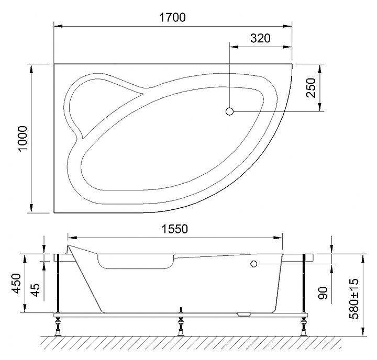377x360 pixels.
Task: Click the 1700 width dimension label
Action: point(172,18)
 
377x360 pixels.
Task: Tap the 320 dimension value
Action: point(260,38)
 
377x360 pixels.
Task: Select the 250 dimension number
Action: point(311,88)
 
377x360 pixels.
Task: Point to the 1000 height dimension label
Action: point(24,139)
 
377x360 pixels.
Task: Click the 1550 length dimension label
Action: point(174,229)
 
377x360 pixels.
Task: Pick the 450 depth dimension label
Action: point(17,283)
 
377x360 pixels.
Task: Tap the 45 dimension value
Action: point(35,290)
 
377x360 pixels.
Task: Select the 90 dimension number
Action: point(323,293)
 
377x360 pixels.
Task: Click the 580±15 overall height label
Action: point(354,298)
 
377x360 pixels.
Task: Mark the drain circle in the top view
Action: point(230,111)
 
